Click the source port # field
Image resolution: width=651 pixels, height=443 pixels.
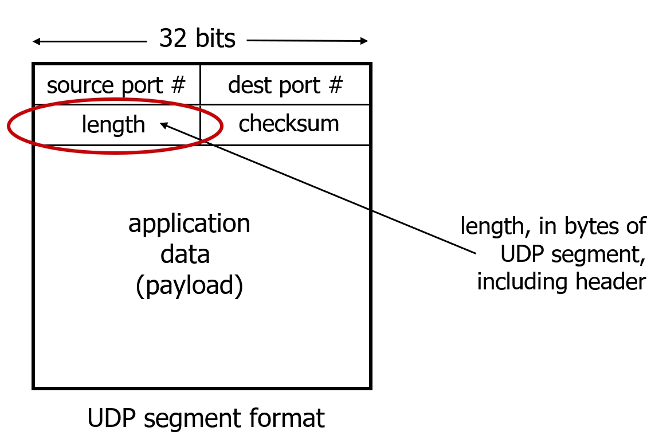[116, 85]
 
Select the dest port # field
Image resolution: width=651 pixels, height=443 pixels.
[285, 85]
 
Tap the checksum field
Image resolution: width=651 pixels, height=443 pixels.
[288, 124]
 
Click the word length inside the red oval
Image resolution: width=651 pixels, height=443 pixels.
[113, 124]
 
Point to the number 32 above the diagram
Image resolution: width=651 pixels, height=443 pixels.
[173, 39]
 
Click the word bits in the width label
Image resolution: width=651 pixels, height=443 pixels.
[213, 39]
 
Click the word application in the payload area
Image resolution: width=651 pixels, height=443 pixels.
[189, 224]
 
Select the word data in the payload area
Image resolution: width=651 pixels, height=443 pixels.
[185, 254]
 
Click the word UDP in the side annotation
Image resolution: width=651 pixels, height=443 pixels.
[521, 254]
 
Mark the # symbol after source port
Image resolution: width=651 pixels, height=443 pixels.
[179, 85]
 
